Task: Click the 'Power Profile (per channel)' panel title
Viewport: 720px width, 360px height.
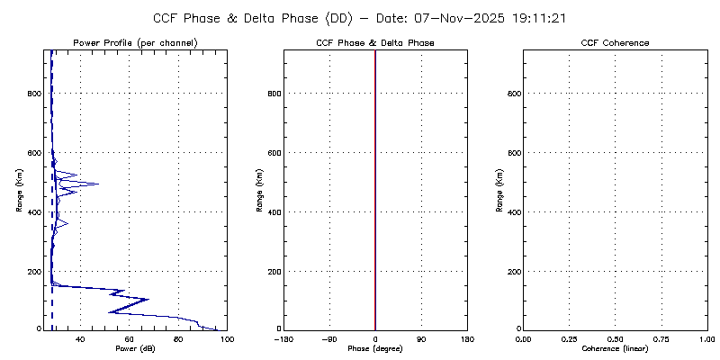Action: click(135, 43)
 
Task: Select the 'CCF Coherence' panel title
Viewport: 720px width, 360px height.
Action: click(615, 43)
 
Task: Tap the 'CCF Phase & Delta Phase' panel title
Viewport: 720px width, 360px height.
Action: click(375, 43)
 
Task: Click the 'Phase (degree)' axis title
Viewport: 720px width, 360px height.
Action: click(375, 348)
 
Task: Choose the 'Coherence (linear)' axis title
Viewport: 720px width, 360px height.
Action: click(615, 348)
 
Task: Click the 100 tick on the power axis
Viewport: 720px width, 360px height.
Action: click(226, 338)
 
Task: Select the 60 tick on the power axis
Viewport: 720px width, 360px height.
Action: click(130, 338)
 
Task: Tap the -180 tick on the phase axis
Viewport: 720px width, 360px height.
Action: click(283, 338)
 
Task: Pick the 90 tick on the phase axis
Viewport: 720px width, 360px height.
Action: click(421, 338)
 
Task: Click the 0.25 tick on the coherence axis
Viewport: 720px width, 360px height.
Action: click(569, 338)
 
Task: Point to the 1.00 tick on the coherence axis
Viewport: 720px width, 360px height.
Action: click(706, 338)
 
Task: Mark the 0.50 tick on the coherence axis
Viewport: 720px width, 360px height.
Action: click(615, 338)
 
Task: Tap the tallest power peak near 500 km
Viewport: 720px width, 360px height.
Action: click(97, 184)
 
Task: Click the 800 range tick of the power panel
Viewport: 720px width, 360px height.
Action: click(33, 94)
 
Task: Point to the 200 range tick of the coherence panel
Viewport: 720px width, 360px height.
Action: click(513, 271)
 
